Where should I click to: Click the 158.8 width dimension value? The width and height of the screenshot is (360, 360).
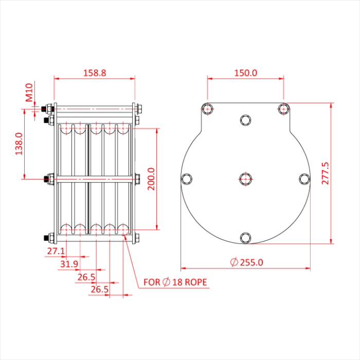(95, 73)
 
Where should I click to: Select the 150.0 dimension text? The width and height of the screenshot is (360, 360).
(245, 73)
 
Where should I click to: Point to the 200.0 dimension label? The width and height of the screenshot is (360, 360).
(151, 178)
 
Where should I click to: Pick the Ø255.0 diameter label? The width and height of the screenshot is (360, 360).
(246, 262)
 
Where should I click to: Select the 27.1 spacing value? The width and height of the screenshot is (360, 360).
(56, 251)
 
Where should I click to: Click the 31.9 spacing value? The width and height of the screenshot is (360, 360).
(69, 264)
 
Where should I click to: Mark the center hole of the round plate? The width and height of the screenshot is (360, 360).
(245, 178)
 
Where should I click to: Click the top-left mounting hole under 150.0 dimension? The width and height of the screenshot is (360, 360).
(207, 109)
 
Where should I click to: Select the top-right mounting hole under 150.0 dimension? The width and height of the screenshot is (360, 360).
(283, 109)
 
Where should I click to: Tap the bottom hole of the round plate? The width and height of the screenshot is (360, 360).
(245, 237)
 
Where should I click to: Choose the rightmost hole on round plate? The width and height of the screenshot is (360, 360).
(304, 178)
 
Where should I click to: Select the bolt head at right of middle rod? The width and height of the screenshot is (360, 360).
(138, 179)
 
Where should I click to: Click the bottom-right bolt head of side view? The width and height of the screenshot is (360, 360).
(138, 238)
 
